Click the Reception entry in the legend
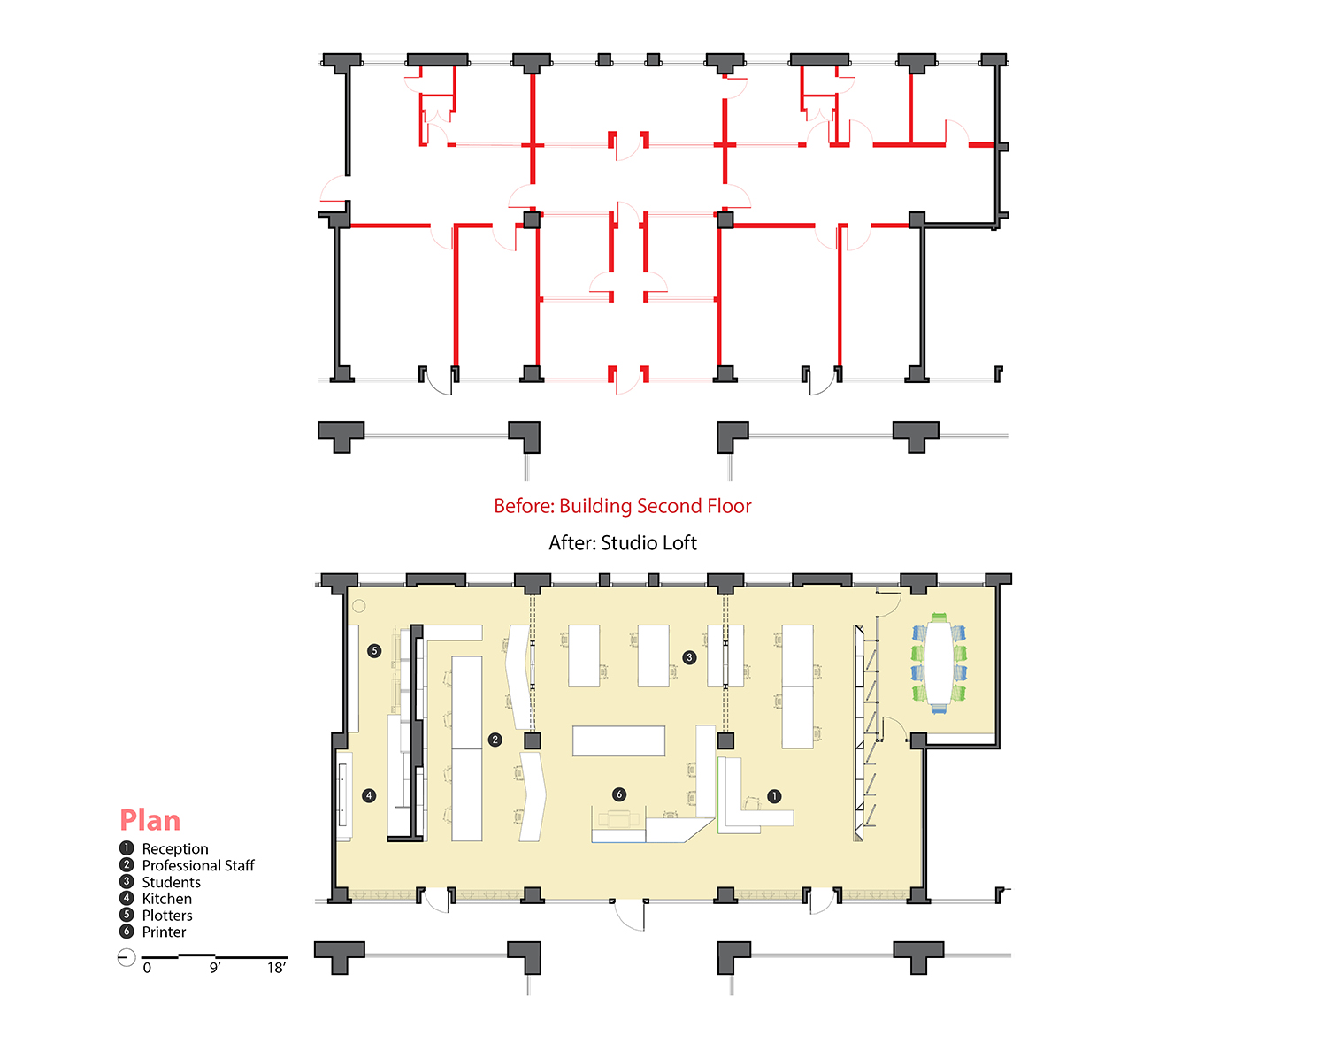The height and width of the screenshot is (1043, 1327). click(175, 848)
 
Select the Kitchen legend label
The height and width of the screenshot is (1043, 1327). click(166, 899)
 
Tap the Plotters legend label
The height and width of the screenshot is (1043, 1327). click(167, 916)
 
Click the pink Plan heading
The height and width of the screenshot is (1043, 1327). click(150, 820)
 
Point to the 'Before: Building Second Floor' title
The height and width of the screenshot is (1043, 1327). click(622, 506)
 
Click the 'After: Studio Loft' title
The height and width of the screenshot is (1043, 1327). click(622, 543)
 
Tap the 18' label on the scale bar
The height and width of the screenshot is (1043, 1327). click(276, 968)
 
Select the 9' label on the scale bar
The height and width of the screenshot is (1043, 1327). click(215, 968)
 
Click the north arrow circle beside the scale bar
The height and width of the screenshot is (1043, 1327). click(127, 957)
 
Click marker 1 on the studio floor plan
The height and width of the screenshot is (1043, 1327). click(774, 795)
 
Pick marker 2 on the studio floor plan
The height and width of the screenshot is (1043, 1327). click(495, 740)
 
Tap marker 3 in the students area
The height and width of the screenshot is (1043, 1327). click(689, 657)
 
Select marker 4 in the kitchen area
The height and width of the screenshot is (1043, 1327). click(369, 795)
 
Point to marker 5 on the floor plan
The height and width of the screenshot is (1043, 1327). click(374, 650)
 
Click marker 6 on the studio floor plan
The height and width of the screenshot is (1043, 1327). click(619, 794)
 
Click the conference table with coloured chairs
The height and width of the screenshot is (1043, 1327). click(940, 663)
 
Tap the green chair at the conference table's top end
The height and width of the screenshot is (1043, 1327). click(940, 617)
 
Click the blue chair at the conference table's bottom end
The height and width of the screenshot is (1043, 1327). click(940, 709)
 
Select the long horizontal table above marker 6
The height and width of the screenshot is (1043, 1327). click(618, 740)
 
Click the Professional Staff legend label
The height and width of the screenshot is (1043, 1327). click(198, 865)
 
